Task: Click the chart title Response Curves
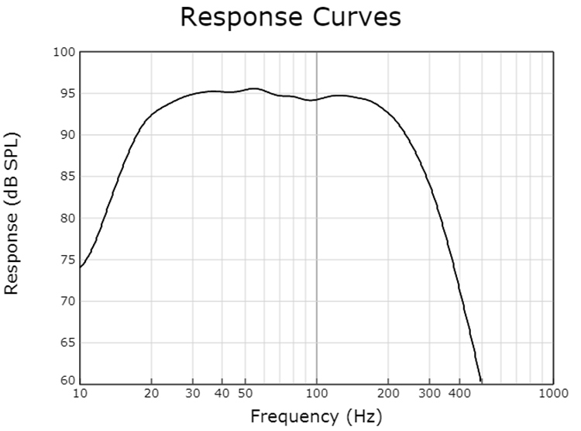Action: (290, 17)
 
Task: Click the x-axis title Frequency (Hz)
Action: (316, 416)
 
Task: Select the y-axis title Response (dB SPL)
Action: (12, 213)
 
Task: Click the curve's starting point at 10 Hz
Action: (81, 267)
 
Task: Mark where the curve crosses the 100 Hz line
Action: (317, 99)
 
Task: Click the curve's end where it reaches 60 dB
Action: (481, 381)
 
